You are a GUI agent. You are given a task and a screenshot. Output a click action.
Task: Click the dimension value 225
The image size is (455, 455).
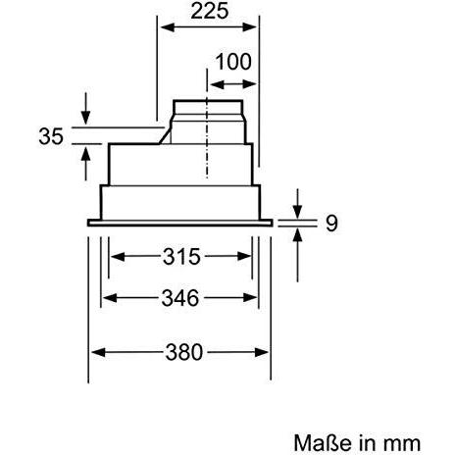point(210,11)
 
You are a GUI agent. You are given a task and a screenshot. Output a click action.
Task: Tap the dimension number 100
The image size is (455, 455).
point(233,62)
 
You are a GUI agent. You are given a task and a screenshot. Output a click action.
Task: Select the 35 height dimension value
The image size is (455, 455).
point(51,136)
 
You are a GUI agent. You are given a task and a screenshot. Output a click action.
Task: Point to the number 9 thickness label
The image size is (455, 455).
point(331,224)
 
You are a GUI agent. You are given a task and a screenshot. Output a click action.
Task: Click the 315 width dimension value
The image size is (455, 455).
point(181,257)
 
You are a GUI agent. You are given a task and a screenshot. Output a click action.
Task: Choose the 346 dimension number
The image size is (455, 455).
point(180,298)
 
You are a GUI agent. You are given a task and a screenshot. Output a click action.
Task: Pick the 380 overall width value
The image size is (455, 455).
point(184,352)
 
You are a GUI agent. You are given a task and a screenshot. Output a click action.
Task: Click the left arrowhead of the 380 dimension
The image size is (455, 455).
point(98,352)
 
